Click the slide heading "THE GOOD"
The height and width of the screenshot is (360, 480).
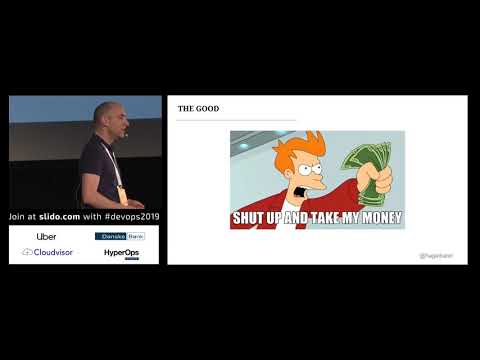[x=198, y=108]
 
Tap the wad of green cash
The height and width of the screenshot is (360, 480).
[x=366, y=164]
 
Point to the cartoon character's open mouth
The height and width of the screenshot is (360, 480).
[x=303, y=189]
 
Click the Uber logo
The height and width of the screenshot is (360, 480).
[x=46, y=237]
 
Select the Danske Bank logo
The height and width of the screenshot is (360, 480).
[x=119, y=237]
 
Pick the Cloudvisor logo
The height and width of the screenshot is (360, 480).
[x=46, y=253]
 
